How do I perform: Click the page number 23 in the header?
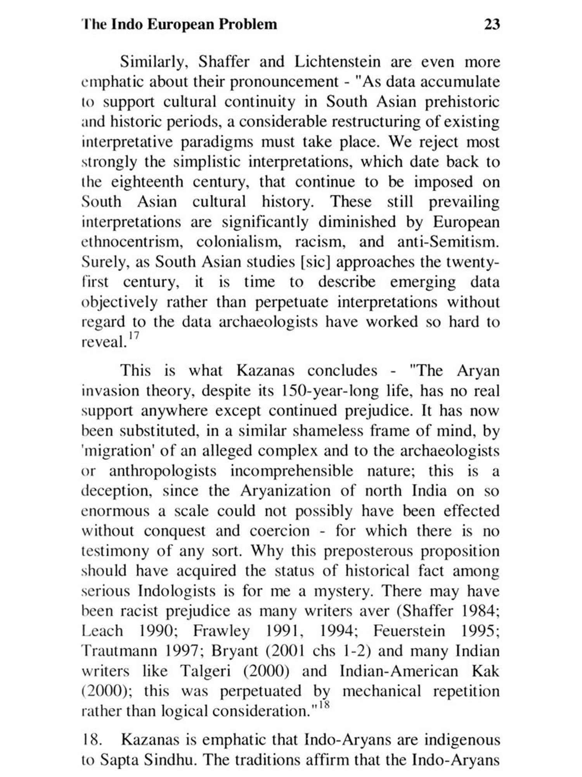tap(492, 24)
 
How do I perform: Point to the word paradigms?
tap(217, 142)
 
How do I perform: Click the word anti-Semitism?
tap(448, 242)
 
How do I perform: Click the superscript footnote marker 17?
tap(133, 335)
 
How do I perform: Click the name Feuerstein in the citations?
tap(409, 631)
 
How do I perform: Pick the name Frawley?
tap(221, 631)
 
